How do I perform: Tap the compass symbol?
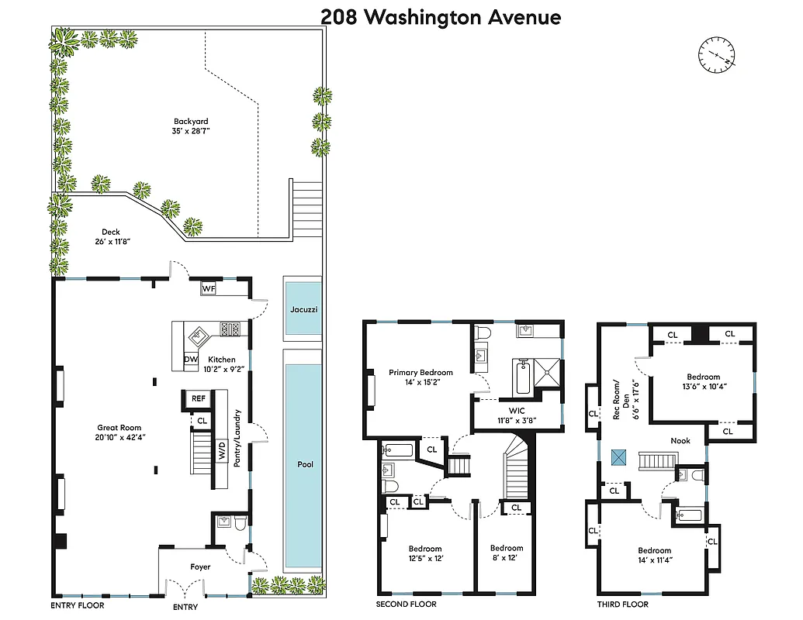point(717,56)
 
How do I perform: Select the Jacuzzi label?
point(303,309)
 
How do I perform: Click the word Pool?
point(306,464)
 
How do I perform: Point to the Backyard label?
point(191,121)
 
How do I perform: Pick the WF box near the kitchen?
point(208,288)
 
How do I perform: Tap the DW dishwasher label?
point(191,360)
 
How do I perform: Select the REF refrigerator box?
point(199,398)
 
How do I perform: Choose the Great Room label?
point(119,427)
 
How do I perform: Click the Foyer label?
point(200,567)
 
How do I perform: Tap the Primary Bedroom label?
point(421,373)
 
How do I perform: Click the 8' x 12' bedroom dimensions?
point(507,558)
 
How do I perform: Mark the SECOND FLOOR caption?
point(406,604)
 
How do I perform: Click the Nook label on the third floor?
point(680,441)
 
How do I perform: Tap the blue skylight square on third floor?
point(619,457)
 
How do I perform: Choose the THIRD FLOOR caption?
point(623,604)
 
